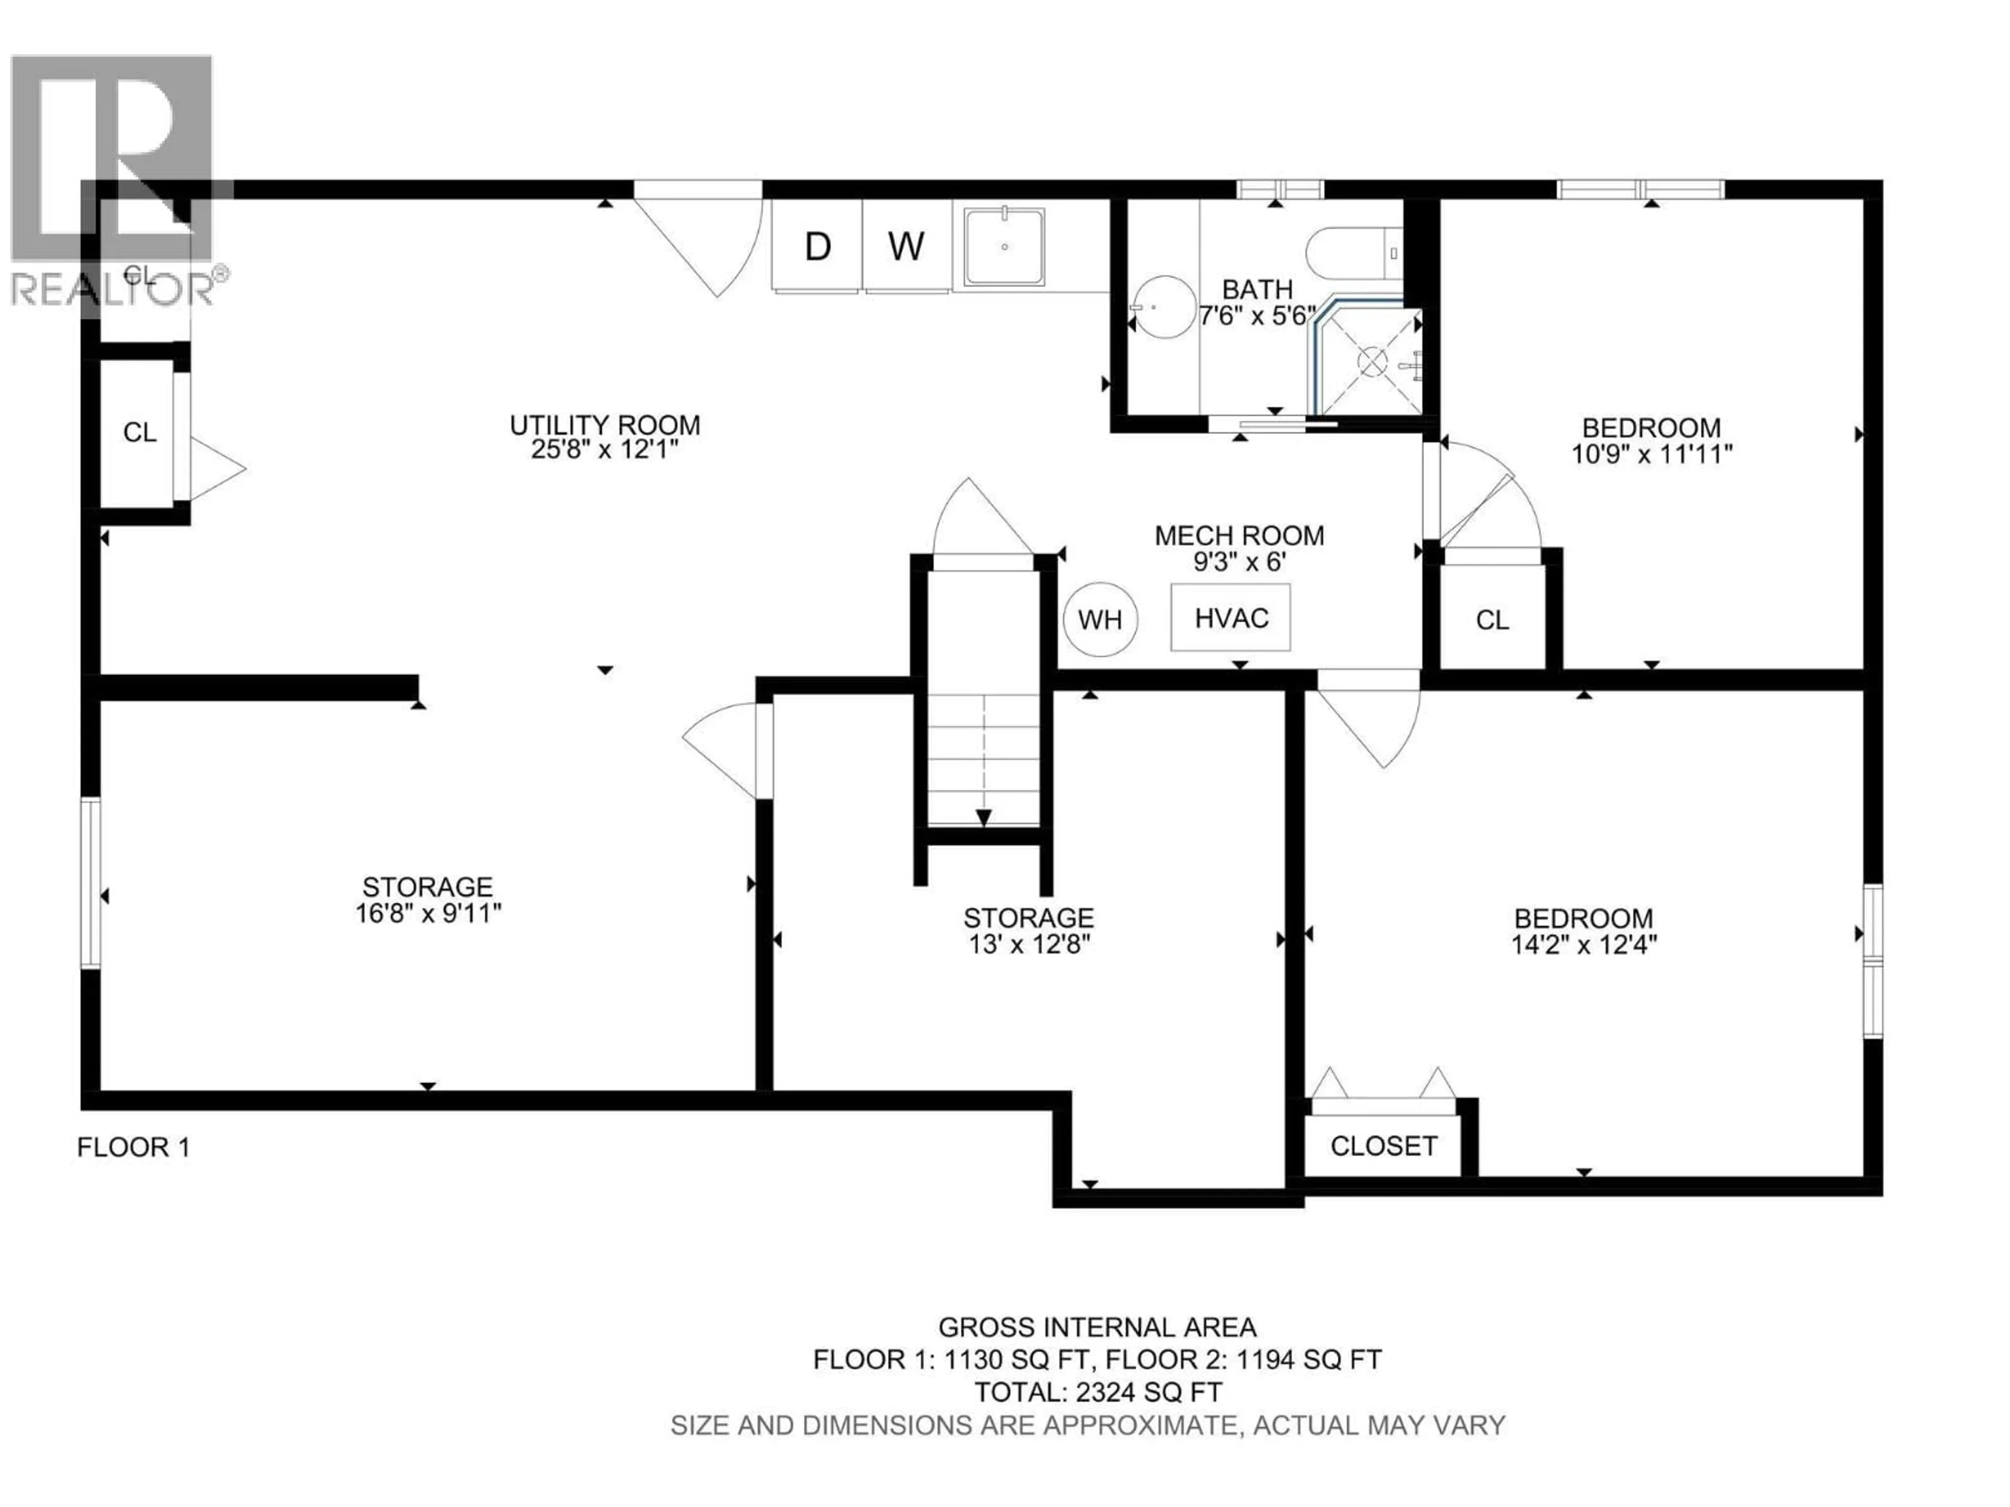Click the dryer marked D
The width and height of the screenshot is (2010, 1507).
(x=817, y=246)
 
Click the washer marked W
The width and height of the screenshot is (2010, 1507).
(x=906, y=246)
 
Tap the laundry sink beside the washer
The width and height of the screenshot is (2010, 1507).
(x=1004, y=246)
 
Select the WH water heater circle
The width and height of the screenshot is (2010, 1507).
(x=1100, y=620)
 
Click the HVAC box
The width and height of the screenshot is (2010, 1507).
(x=1231, y=617)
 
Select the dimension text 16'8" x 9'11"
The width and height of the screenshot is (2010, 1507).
(x=428, y=913)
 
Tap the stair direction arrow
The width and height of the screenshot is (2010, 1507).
(x=983, y=817)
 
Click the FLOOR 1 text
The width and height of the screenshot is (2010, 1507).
(x=133, y=1148)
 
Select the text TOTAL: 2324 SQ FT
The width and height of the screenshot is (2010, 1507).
(x=1098, y=1392)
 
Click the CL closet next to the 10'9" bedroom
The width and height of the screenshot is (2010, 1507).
(x=1492, y=620)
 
